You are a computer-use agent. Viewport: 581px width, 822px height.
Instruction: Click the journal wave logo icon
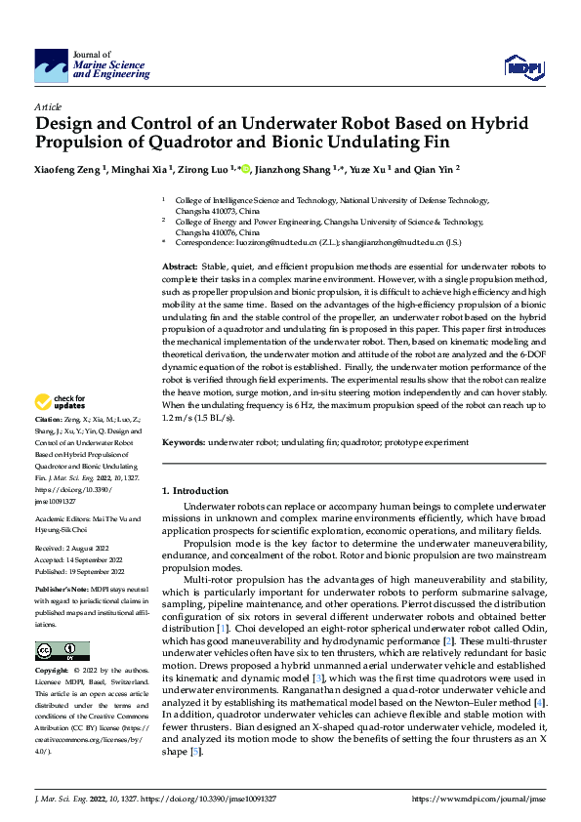[x=51, y=66]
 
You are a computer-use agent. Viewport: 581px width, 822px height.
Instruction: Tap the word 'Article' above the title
[x=48, y=106]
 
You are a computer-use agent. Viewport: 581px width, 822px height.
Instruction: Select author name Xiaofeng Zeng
[x=69, y=169]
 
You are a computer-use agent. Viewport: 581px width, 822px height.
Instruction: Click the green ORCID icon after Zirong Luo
[x=246, y=169]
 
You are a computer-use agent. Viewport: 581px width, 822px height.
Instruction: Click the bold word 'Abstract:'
[x=180, y=266]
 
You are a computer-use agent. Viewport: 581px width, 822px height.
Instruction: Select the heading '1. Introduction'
[x=194, y=490]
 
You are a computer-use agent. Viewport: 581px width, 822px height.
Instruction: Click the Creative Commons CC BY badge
[x=62, y=651]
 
